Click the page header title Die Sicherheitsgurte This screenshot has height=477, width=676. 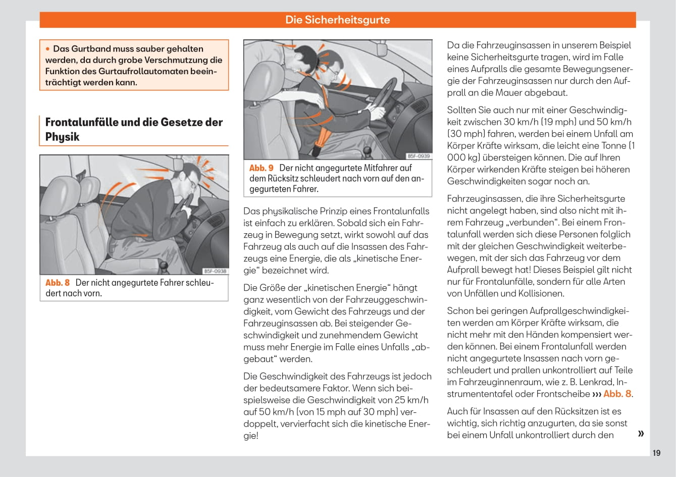[x=337, y=20]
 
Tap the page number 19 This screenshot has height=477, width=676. [x=656, y=453]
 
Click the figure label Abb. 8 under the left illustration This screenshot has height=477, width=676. [x=58, y=283]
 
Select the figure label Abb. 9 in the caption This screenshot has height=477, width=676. [x=262, y=168]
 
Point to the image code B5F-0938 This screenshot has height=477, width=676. [x=215, y=272]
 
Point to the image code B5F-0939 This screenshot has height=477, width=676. [x=419, y=156]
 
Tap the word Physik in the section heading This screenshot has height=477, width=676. [x=62, y=137]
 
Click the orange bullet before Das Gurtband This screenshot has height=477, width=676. [x=48, y=49]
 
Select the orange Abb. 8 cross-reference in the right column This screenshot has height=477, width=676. [x=617, y=394]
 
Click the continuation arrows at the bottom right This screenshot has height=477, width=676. [x=641, y=433]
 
